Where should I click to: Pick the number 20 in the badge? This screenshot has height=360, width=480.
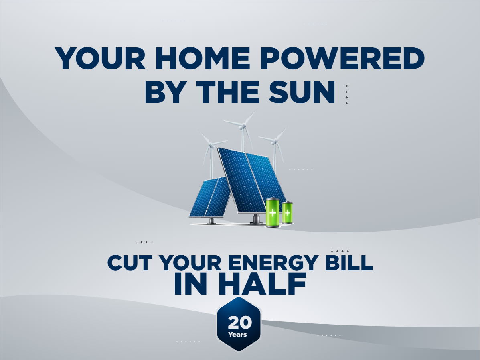[239, 323]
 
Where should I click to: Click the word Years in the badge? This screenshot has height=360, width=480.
[237, 334]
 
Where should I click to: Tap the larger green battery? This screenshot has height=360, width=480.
[273, 213]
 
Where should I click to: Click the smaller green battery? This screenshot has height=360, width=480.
[287, 213]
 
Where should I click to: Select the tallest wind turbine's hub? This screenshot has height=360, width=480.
[242, 127]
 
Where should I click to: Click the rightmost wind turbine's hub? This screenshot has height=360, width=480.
[274, 142]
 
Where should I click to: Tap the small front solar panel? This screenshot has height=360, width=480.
[210, 197]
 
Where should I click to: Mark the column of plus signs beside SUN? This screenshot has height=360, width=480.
[347, 95]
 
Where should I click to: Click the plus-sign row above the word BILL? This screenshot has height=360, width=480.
[340, 251]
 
